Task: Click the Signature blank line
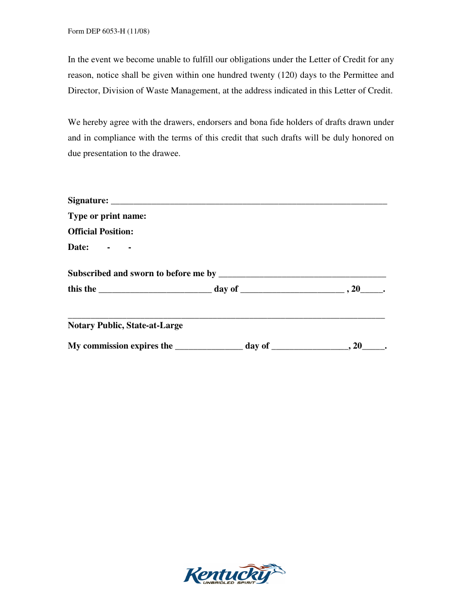[x=249, y=202]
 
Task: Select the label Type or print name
[x=107, y=216]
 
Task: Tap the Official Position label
[x=101, y=231]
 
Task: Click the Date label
[x=78, y=247]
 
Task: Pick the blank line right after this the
[x=155, y=290]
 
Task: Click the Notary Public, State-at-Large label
[x=125, y=325]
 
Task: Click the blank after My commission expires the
[x=209, y=347]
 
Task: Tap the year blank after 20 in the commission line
[x=373, y=347]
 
